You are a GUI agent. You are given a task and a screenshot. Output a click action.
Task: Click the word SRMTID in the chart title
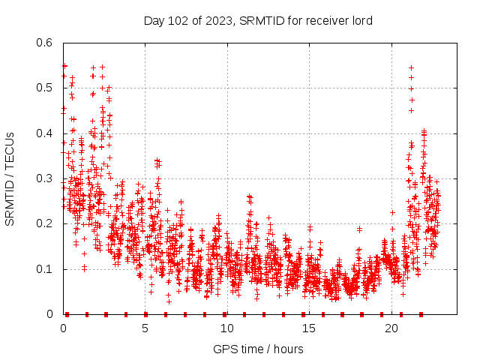coord(259,20)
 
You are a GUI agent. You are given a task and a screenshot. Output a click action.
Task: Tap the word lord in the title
coord(361,20)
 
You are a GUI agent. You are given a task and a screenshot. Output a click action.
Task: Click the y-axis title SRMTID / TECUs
coord(10,179)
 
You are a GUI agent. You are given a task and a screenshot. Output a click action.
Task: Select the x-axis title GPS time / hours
coord(258,349)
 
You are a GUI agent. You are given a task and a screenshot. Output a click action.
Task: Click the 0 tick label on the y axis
coord(49,314)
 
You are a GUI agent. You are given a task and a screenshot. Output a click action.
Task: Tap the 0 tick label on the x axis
coord(63,328)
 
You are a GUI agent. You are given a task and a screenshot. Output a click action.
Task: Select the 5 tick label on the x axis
coord(145,328)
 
